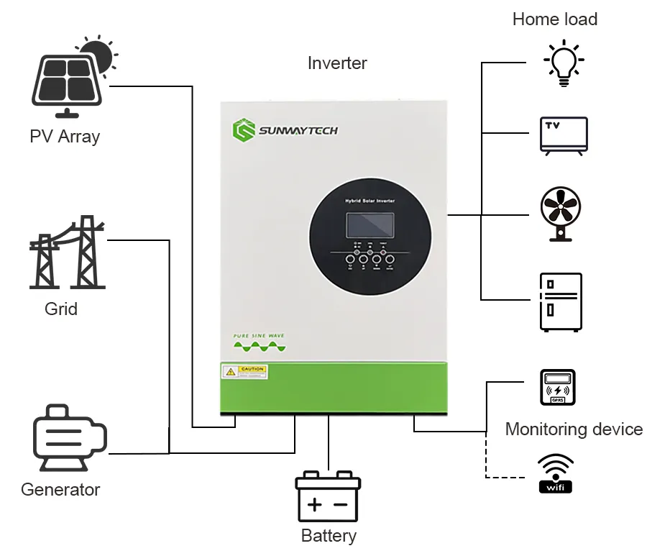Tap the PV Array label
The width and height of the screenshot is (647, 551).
point(65,136)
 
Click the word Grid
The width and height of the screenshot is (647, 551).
point(61,309)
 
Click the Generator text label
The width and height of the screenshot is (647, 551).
point(60,490)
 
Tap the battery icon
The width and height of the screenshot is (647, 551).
point(328,496)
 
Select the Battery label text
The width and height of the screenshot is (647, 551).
point(329,536)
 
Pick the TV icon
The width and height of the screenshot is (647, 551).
point(564,135)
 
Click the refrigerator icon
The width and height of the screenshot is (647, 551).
point(561,301)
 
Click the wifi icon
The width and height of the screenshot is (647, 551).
point(556,474)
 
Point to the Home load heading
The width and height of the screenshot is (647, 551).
point(555,19)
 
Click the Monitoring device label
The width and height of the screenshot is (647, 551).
point(574,429)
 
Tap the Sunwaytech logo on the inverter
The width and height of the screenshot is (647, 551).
point(285,130)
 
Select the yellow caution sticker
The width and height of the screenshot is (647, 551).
point(244,372)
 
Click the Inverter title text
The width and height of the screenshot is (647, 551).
point(337,63)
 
